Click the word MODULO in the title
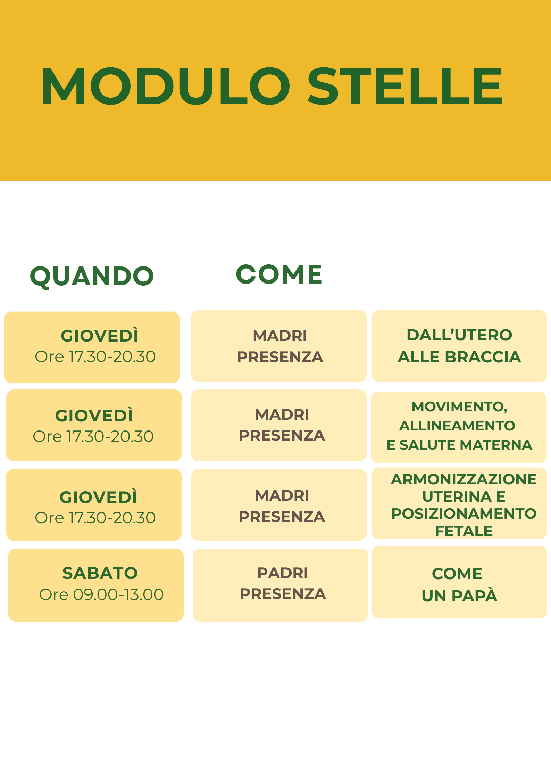pos(166,86)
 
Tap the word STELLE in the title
pos(405,86)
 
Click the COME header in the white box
pos(279,274)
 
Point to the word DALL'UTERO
pos(459,335)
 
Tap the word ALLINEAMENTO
pos(457,426)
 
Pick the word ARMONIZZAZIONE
pos(464,479)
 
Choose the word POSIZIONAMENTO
pos(464,514)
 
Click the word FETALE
pos(464,531)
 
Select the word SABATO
pos(100,573)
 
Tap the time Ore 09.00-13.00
pos(101,594)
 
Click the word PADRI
pos(283,573)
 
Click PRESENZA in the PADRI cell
pos(283,594)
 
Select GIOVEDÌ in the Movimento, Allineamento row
pos(94,416)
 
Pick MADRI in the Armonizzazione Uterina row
pos(282,496)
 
